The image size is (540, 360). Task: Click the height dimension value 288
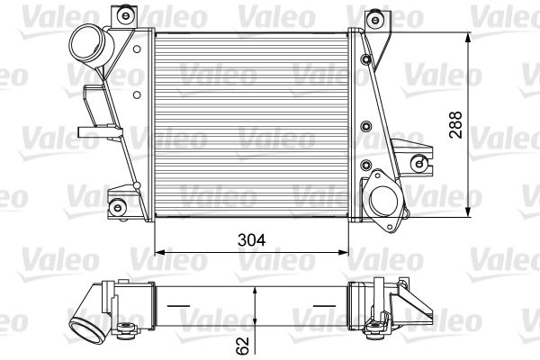(x=456, y=125)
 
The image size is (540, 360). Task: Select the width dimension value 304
(x=251, y=241)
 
